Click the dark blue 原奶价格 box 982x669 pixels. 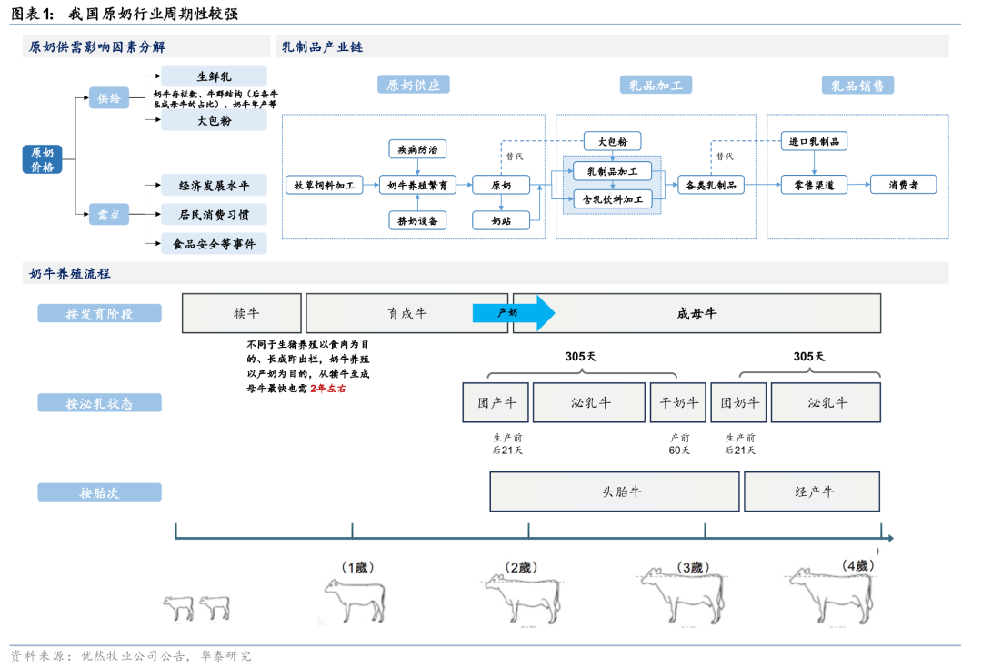tap(43, 159)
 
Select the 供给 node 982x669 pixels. tap(109, 97)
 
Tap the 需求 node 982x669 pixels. tap(109, 215)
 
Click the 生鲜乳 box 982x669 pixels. tap(214, 76)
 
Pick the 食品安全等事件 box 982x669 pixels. tap(214, 244)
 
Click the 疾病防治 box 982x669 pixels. tap(417, 148)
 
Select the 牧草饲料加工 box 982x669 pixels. tap(325, 185)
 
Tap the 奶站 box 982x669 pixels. tap(501, 220)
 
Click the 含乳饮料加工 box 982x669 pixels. tap(612, 198)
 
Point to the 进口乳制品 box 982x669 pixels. tap(814, 141)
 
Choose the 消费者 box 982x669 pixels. tap(903, 185)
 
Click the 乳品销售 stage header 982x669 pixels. tap(857, 86)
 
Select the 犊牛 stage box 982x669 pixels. tap(242, 313)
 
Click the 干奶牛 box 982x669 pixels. tap(677, 402)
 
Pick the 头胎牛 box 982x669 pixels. tap(614, 492)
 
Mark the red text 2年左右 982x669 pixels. tap(328, 389)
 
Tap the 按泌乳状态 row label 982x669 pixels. tap(99, 402)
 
